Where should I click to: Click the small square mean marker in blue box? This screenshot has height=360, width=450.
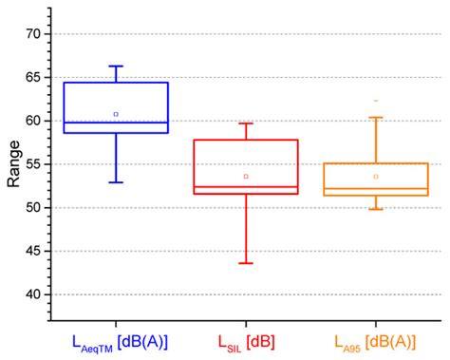(116, 114)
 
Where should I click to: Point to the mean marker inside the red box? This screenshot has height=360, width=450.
(246, 176)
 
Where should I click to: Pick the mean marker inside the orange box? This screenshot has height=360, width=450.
(376, 176)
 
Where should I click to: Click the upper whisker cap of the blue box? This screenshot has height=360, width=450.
(116, 66)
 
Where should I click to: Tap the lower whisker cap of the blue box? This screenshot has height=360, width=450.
(116, 181)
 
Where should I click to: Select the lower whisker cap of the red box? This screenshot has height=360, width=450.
(246, 263)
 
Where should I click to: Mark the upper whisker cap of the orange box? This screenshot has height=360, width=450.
(376, 118)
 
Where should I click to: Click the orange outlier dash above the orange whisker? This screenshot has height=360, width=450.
(376, 101)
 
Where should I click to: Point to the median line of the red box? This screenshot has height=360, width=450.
(246, 187)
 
